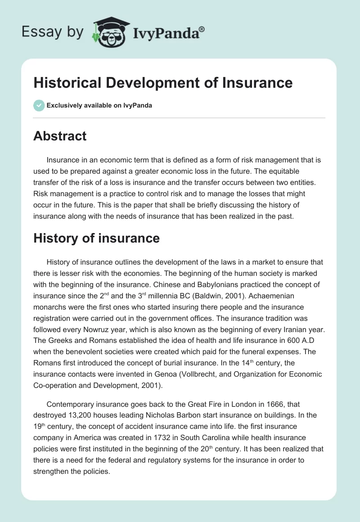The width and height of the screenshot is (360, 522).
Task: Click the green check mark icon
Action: click(39, 105)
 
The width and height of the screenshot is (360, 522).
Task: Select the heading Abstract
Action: click(60, 136)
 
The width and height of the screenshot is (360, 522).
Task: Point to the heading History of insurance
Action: click(96, 238)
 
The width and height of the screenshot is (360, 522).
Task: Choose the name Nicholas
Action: click(167, 415)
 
